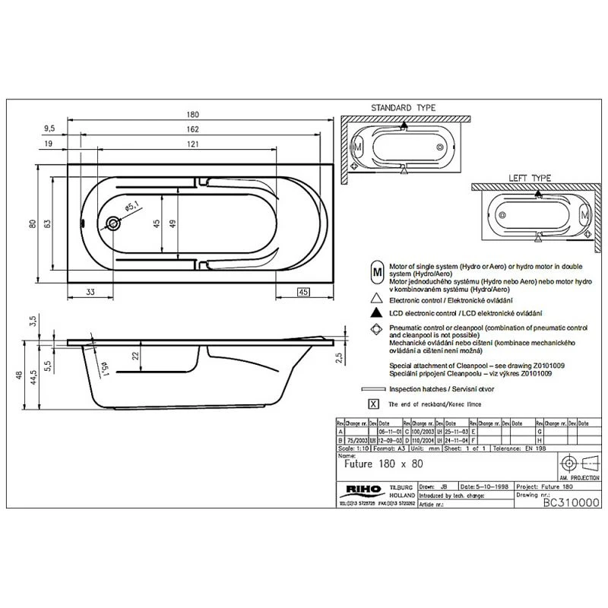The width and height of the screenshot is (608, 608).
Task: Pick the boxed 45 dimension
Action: click(x=302, y=292)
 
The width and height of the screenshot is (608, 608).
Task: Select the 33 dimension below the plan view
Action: click(x=90, y=292)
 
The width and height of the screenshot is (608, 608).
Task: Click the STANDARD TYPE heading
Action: click(x=403, y=108)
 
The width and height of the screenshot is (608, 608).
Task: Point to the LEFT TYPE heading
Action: click(x=530, y=177)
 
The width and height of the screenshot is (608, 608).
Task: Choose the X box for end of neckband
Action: click(x=373, y=404)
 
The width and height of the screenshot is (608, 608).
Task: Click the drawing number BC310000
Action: click(x=572, y=503)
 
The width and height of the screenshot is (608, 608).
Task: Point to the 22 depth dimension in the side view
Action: click(x=135, y=356)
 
